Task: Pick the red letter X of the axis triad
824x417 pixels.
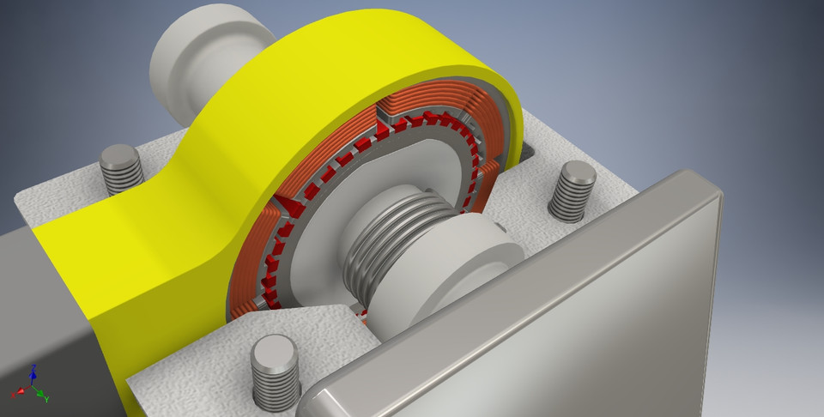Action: tap(15, 393)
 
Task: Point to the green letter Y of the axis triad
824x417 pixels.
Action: tap(45, 400)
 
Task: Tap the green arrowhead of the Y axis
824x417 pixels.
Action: tap(40, 396)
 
